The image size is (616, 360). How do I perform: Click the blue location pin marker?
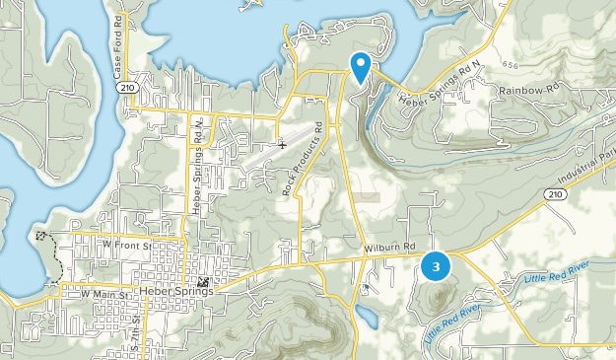pyautogui.click(x=361, y=66)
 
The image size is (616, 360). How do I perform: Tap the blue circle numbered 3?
pyautogui.click(x=436, y=266)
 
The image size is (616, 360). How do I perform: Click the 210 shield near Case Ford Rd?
pyautogui.click(x=125, y=88)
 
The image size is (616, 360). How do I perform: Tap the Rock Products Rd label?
pyautogui.click(x=304, y=158)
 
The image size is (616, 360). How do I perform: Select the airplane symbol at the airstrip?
pyautogui.click(x=283, y=145)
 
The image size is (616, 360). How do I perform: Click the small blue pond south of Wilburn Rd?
pyautogui.click(x=364, y=318)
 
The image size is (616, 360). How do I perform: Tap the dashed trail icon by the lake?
pyautogui.click(x=40, y=237)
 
